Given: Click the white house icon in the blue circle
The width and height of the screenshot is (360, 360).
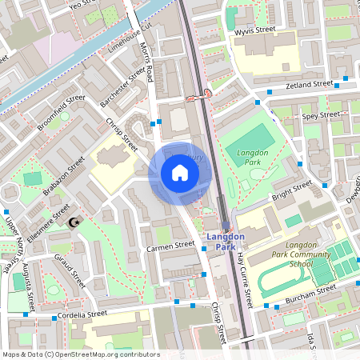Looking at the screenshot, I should pyautogui.click(x=180, y=172).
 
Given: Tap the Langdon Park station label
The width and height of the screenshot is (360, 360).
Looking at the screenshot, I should pyautogui.click(x=226, y=242).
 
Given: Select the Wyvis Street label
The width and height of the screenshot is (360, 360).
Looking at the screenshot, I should pyautogui.click(x=255, y=32).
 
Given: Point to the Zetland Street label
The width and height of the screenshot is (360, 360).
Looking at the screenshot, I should pyautogui.click(x=310, y=84).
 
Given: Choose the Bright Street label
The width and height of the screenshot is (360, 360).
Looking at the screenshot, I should pyautogui.click(x=291, y=192).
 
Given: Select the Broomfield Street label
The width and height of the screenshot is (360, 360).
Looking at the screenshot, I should pyautogui.click(x=60, y=113).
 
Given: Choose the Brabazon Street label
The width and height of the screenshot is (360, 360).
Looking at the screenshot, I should pyautogui.click(x=65, y=175).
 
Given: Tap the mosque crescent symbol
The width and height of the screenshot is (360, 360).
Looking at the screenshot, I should pyautogui.click(x=75, y=222).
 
